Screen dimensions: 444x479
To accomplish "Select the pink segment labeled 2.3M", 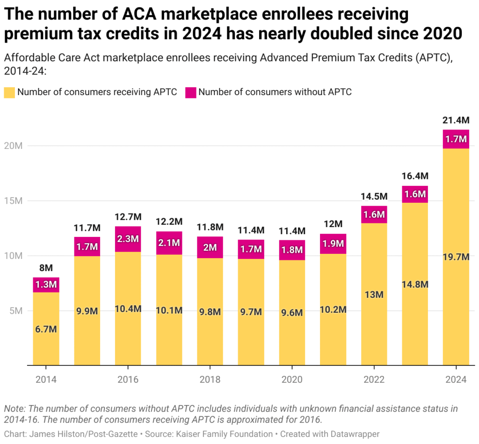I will [x=128, y=239].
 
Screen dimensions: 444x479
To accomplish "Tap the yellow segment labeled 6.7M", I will [x=46, y=329].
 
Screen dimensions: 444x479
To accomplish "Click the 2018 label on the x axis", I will [x=210, y=379].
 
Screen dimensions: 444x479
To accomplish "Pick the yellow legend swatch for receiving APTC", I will [x=9, y=92].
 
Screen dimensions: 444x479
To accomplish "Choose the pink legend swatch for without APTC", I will [x=191, y=92].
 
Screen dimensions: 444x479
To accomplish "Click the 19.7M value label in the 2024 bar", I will [x=456, y=257].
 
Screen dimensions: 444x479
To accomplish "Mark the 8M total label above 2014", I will [x=46, y=268].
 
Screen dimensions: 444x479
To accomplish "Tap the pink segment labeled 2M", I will [x=210, y=247].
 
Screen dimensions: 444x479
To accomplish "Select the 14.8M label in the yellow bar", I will [x=415, y=284].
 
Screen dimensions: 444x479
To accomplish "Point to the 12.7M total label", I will [x=128, y=217].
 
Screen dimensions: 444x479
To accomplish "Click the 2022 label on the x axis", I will [x=374, y=379].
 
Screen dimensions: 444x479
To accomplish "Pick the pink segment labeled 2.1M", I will [x=169, y=243].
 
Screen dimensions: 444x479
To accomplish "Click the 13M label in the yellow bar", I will [x=374, y=295].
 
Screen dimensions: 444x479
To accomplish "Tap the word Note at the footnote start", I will [x=15, y=408].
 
